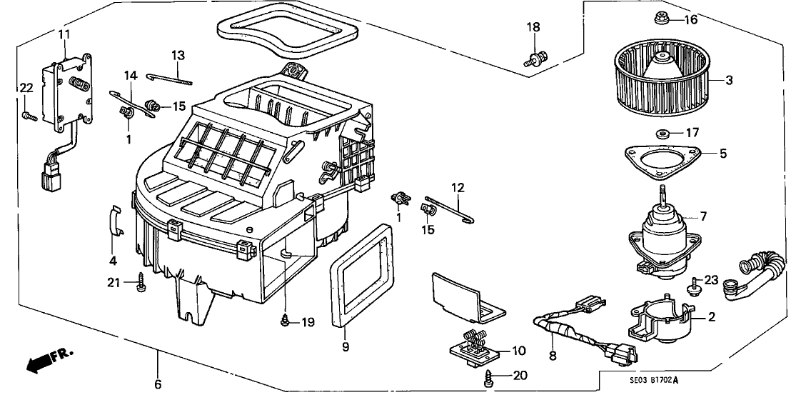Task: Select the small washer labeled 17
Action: (x=660, y=133)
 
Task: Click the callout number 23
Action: (x=710, y=279)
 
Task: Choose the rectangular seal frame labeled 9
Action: (x=360, y=274)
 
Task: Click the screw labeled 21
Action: (x=139, y=285)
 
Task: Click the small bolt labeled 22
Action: (x=27, y=114)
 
